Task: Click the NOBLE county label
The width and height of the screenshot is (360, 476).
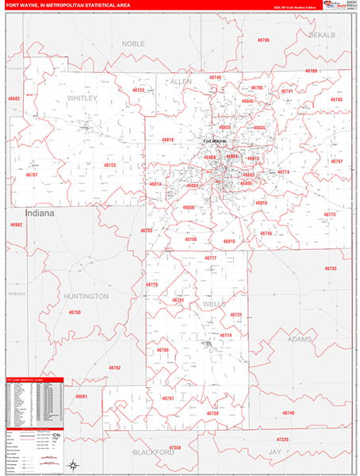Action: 134,44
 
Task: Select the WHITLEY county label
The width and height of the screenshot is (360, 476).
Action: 82,98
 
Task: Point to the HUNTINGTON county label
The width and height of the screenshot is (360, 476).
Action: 86,296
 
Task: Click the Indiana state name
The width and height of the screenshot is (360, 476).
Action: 40,214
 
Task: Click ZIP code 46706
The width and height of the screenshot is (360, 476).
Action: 263,40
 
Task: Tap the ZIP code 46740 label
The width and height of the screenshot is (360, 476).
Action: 288,413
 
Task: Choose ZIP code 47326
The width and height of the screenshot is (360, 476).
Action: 284,439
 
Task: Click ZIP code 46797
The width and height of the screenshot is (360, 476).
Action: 337,161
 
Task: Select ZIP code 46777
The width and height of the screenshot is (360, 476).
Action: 210,259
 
